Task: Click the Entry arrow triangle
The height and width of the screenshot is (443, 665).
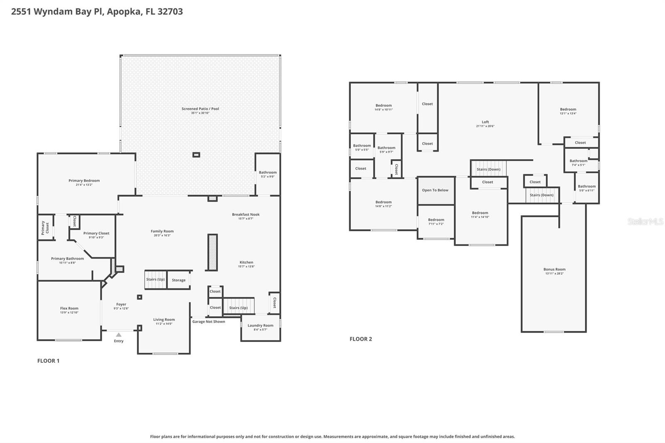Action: [119, 335]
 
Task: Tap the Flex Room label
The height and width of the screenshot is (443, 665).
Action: [69, 308]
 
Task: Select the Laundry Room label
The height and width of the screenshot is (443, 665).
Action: [260, 325]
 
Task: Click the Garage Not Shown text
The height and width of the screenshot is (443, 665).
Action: [209, 322]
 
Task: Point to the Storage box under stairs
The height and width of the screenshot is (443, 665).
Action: [179, 280]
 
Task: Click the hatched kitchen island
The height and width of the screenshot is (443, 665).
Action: [212, 253]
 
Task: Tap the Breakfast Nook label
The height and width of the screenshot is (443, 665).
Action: [246, 214]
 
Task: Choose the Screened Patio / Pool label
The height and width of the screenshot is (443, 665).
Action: [200, 109]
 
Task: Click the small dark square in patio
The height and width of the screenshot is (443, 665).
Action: [196, 155]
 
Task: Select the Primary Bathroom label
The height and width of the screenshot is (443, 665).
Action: [67, 258]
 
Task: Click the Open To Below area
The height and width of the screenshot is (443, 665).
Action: [435, 190]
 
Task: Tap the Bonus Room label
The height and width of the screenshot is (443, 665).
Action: [554, 269]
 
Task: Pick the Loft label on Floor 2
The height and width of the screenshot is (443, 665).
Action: [485, 122]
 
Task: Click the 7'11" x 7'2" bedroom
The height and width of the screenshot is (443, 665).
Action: [436, 221]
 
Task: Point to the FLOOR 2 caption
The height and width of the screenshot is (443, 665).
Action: [361, 339]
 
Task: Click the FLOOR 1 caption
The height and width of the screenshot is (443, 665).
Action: [48, 361]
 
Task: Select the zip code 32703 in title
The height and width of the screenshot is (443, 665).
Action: [170, 11]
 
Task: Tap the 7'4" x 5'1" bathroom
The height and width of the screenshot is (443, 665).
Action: [578, 162]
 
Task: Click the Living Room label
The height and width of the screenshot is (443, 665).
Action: [164, 320]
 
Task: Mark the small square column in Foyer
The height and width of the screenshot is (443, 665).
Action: [140, 297]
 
